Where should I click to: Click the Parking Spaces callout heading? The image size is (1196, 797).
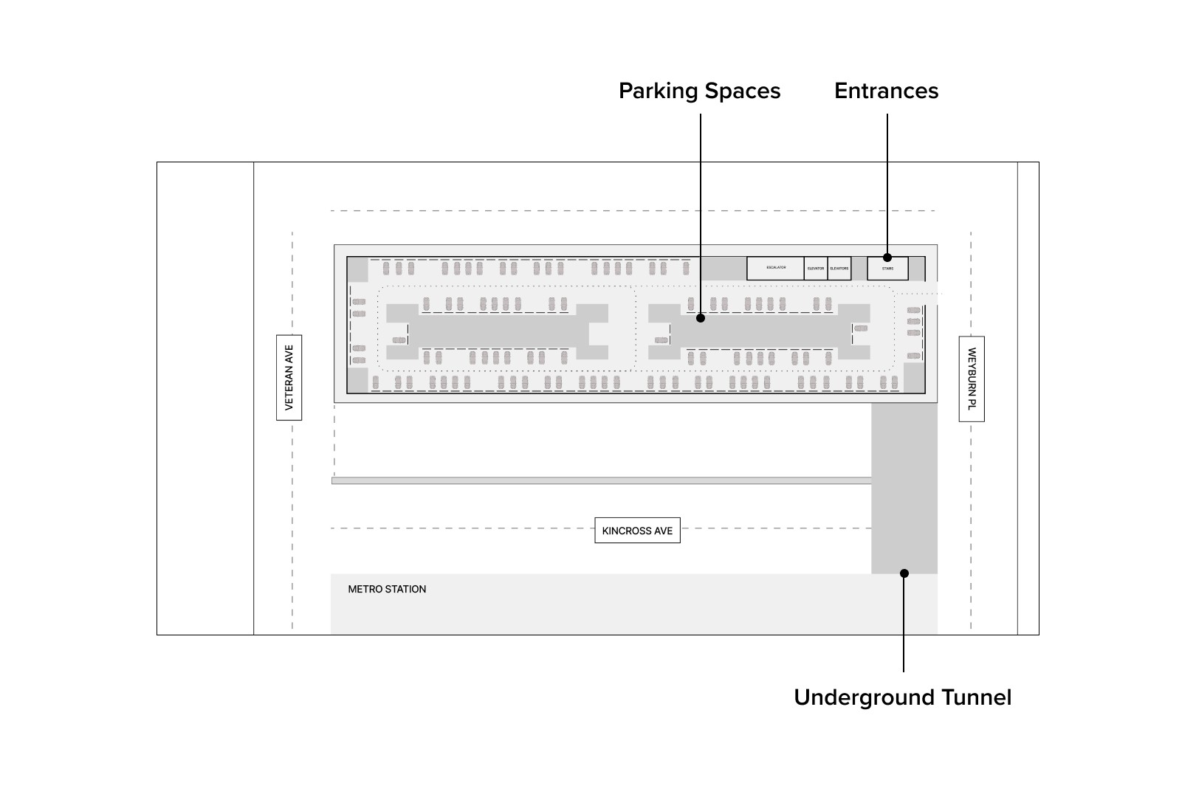699,91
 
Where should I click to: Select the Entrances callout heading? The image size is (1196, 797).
886,91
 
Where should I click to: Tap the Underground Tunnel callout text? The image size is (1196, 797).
902,697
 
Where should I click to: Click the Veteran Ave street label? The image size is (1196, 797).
289,378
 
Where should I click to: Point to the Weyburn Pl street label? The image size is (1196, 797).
972,379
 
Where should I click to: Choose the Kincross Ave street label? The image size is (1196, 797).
637,531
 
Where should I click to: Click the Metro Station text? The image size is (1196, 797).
387,589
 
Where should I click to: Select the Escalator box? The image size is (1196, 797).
775,268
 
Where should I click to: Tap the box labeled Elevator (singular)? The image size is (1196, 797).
816,269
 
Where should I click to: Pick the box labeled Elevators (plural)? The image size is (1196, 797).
839,269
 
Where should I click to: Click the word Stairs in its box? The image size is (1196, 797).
887,269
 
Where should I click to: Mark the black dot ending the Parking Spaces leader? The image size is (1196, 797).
700,318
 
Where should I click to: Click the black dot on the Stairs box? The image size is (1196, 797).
887,258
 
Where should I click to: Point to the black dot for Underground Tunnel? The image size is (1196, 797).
904,573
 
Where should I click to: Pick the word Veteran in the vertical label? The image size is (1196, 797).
289,390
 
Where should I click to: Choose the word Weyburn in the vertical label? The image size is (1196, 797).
972,369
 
